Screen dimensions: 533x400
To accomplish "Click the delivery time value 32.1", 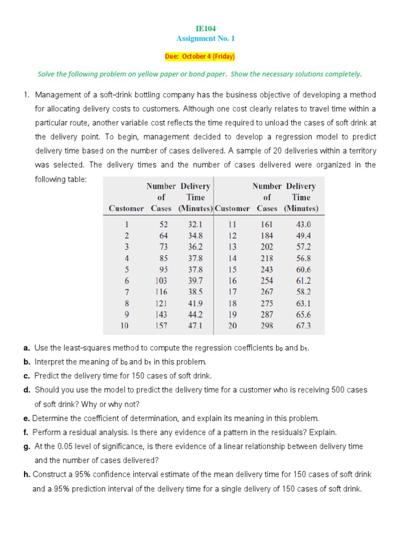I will (x=195, y=224).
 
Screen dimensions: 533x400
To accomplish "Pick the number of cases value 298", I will (x=267, y=326).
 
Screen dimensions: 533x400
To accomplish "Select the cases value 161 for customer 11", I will (x=267, y=224).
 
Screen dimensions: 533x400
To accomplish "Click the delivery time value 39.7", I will (x=195, y=281).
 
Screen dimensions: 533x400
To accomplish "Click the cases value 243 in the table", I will (x=267, y=270).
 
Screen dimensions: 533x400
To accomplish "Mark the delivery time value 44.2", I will (x=195, y=314).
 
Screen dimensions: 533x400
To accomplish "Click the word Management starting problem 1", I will (x=58, y=95).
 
